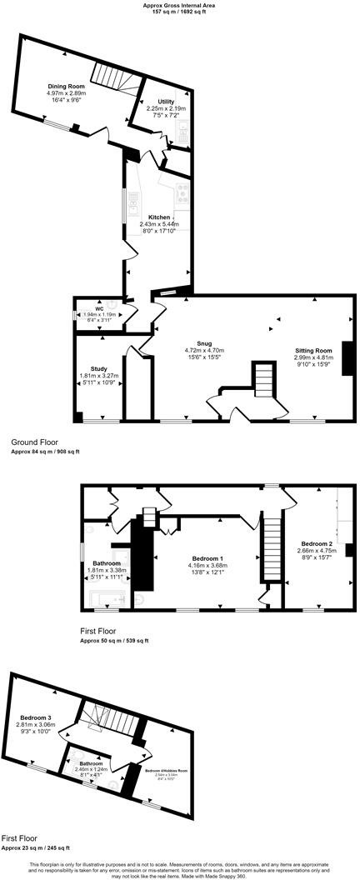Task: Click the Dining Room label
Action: point(66,86)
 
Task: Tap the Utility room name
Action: point(166,101)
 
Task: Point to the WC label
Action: point(98,308)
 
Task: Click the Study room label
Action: point(98,368)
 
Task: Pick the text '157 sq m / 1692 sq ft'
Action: point(179,12)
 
